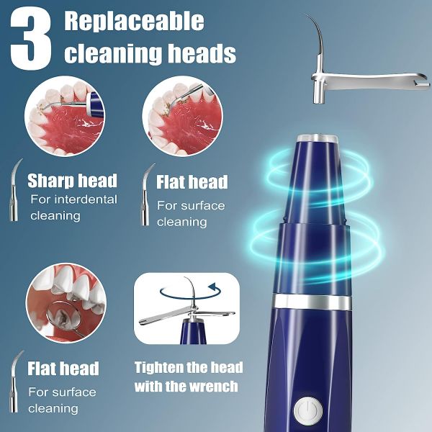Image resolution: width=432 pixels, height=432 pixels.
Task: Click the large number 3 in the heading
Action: (31, 39)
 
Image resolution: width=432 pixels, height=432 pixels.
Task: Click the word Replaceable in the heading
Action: (134, 22)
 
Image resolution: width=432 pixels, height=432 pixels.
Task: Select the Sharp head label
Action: (73, 181)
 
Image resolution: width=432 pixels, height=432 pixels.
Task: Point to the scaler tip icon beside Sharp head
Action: (14, 190)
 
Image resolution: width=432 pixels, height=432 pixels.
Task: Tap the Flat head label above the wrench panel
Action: (192, 182)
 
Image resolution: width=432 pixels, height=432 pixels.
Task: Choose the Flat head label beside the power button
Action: (63, 369)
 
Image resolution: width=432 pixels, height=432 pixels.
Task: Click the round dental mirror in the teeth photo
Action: (60, 315)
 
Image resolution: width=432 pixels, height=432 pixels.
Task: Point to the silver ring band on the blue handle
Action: (312, 302)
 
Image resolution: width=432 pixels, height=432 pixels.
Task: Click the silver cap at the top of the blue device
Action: (317, 138)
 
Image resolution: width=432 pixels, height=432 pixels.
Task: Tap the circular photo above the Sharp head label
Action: (65, 116)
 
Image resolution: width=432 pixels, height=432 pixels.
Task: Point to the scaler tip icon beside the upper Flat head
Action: (145, 194)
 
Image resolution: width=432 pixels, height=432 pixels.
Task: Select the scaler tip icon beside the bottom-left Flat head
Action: (14, 382)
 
